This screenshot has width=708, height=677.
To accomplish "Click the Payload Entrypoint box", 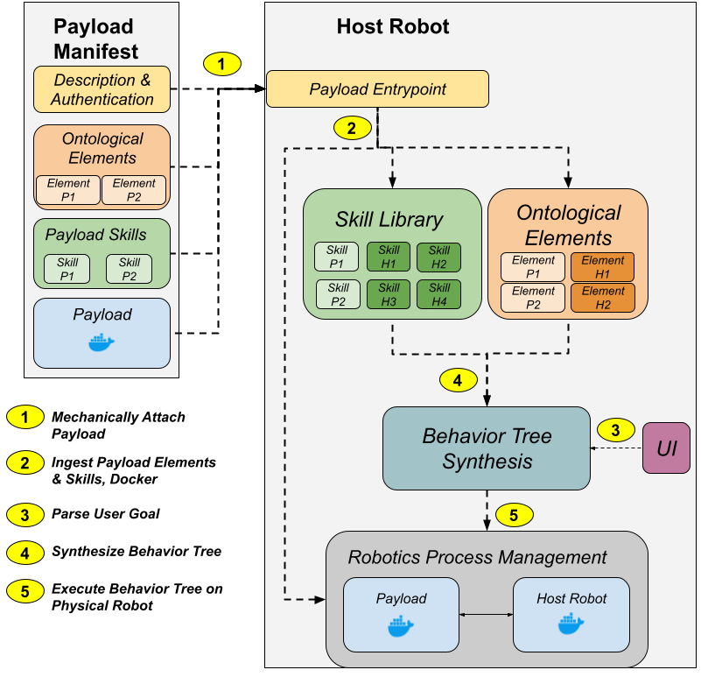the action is (x=377, y=88).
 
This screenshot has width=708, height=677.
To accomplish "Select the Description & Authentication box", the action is (x=102, y=89).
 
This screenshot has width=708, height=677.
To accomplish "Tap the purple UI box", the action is (x=666, y=448).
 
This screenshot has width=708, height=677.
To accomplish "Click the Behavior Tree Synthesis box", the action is (x=487, y=448).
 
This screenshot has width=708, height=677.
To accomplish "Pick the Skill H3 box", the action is (x=389, y=294).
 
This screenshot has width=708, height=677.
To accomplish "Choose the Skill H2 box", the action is (x=438, y=257).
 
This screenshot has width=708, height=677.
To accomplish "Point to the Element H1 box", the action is (x=602, y=266).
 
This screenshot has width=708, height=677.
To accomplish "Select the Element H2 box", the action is (x=603, y=298).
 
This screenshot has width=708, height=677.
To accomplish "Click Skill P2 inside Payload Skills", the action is (x=130, y=269).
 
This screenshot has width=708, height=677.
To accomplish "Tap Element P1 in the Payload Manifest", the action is (x=68, y=190).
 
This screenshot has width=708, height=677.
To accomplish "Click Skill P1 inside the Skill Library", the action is (x=337, y=257).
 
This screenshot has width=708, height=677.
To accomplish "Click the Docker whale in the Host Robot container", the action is (x=571, y=624).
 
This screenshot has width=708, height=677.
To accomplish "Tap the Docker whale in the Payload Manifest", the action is (x=102, y=342).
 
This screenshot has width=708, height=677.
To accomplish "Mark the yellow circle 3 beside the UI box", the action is (x=616, y=430).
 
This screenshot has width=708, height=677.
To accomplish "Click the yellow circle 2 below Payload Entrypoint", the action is (x=352, y=129).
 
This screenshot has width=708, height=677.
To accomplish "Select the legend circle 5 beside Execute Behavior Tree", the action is (x=25, y=591).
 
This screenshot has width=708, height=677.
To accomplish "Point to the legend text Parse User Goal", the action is (x=106, y=514).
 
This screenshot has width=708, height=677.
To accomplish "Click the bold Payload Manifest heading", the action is (x=95, y=39).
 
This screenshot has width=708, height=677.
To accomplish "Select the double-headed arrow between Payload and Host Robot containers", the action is (x=487, y=615).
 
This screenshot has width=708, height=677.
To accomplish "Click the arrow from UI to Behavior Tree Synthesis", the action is (x=616, y=448).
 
